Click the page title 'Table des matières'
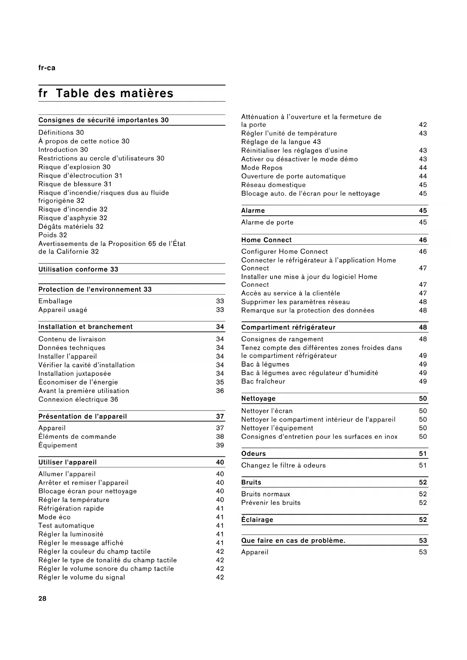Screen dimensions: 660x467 [x=114, y=93]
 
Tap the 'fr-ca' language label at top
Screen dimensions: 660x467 [x=47, y=68]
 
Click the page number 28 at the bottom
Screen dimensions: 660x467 [x=43, y=598]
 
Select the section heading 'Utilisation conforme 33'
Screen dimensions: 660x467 [x=78, y=269]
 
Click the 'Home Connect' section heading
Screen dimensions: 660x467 [x=266, y=240]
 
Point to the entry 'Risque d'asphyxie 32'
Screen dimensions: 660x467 [x=73, y=218]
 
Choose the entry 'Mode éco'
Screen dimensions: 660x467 [x=55, y=517]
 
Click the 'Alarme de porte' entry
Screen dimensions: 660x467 [x=267, y=222]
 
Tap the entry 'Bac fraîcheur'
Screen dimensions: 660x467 [x=263, y=381]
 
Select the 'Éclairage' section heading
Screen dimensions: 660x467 [x=257, y=519]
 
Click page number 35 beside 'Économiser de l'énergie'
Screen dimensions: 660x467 [x=220, y=382]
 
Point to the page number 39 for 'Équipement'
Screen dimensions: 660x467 [x=220, y=445]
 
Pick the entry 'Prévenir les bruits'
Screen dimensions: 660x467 [x=271, y=502]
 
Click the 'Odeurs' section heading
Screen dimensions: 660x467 [x=254, y=453]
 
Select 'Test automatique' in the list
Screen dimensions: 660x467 [x=66, y=525]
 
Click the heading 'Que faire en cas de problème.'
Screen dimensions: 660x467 [x=293, y=540]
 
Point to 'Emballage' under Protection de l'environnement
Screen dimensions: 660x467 [x=55, y=301]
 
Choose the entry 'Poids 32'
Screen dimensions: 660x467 [x=53, y=235]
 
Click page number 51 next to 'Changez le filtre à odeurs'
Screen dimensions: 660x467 [x=423, y=465]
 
